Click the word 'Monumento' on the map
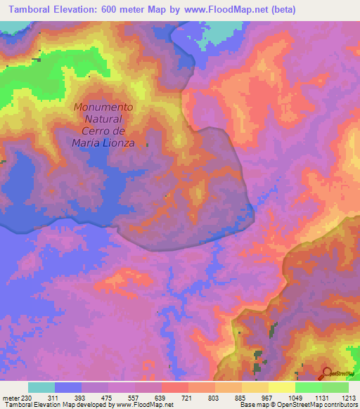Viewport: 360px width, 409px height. (103, 108)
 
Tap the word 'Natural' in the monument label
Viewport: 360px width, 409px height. (103, 119)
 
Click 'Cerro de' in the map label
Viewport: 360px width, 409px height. (103, 131)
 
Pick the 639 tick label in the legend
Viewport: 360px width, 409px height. (161, 398)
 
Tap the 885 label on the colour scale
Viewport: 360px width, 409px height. (241, 398)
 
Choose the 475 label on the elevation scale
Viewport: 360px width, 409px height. (108, 398)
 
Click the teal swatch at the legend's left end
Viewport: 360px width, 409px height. (41, 387)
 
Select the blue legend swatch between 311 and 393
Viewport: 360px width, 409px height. (68, 387)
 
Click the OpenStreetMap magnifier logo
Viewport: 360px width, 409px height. (327, 372)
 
